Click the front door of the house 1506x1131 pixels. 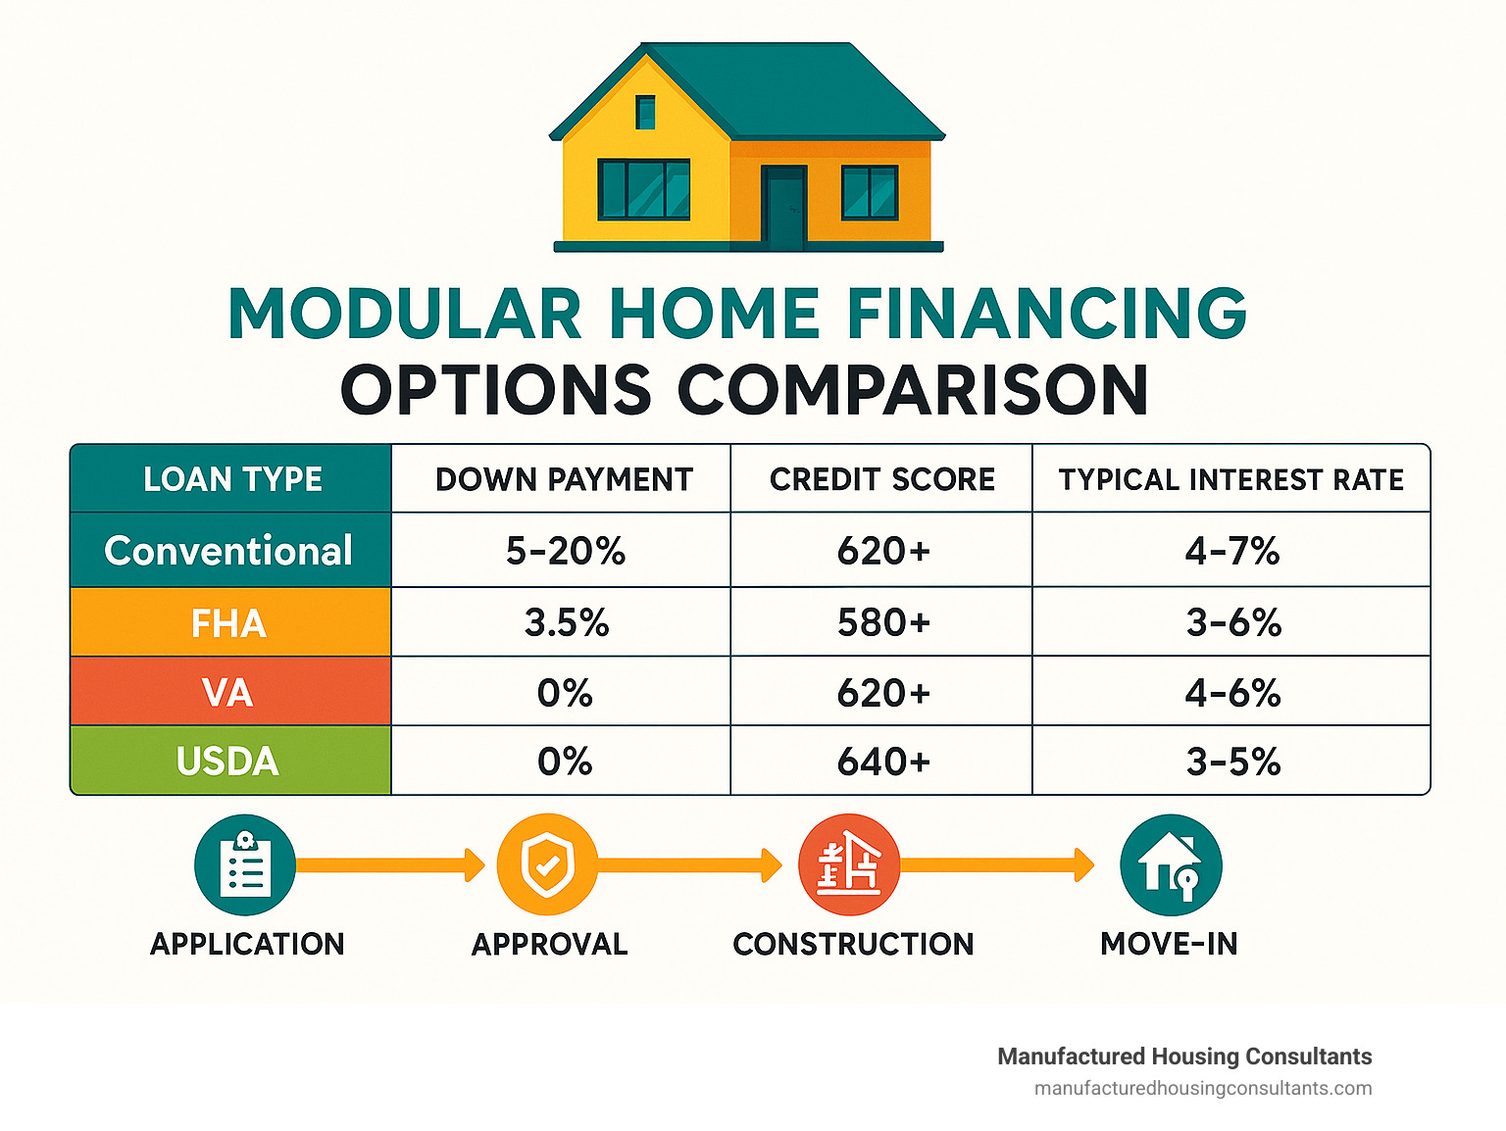783,207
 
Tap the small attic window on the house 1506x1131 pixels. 645,112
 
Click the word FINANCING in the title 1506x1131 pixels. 1046,315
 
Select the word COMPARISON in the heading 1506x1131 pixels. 913,390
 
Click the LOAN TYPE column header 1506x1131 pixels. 232,479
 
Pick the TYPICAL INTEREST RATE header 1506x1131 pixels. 1230,479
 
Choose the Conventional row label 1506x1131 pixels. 228,551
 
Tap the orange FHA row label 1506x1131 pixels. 228,623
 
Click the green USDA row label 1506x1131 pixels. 228,762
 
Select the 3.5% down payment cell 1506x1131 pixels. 566,623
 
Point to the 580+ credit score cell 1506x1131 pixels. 882,623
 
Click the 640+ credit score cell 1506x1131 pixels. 882,762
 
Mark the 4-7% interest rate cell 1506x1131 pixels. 1231,551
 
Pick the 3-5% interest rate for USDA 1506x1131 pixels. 1232,762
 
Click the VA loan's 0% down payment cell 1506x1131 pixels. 565,693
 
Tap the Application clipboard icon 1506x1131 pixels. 245,864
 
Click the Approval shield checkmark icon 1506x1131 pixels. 547,864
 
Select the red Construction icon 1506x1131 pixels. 849,864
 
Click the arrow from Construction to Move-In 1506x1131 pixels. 996,864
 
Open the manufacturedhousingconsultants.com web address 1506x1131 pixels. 1203,1088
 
